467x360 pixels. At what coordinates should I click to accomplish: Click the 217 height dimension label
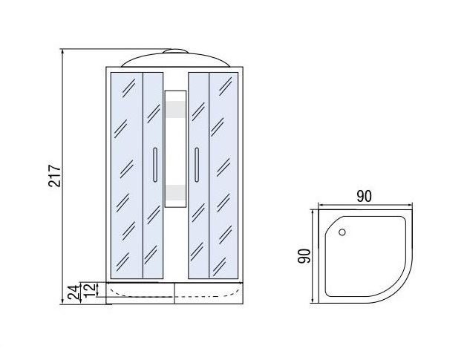click(x=55, y=176)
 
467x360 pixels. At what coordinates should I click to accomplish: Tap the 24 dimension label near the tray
click(x=74, y=292)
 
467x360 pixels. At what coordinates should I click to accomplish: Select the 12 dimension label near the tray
click(x=90, y=289)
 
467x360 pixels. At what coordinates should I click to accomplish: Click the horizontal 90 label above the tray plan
click(x=365, y=196)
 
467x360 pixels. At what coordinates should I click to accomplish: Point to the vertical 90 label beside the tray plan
click(x=304, y=256)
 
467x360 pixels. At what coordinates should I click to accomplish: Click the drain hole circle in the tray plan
click(x=342, y=232)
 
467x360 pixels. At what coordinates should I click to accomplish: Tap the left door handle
click(x=154, y=165)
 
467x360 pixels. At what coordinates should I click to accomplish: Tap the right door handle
click(x=197, y=165)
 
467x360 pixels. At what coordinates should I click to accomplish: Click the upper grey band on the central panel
click(x=175, y=108)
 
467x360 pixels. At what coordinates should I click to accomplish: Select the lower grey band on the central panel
click(x=175, y=192)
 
